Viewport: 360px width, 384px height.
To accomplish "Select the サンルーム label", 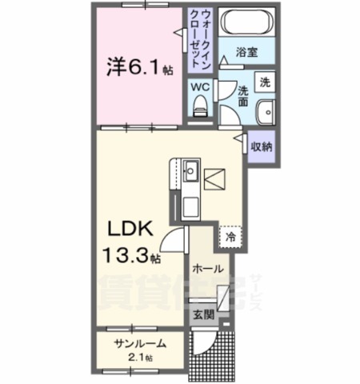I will click(139, 343).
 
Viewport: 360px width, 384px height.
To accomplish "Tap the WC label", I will click(200, 85).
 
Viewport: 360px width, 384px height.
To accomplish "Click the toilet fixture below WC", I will click(202, 102).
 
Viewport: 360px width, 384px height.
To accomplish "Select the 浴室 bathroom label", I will click(246, 52).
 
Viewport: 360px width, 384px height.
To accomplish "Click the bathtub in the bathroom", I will click(246, 22).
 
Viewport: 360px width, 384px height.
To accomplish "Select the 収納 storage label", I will click(262, 146).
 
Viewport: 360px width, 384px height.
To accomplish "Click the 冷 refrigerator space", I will click(231, 237).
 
